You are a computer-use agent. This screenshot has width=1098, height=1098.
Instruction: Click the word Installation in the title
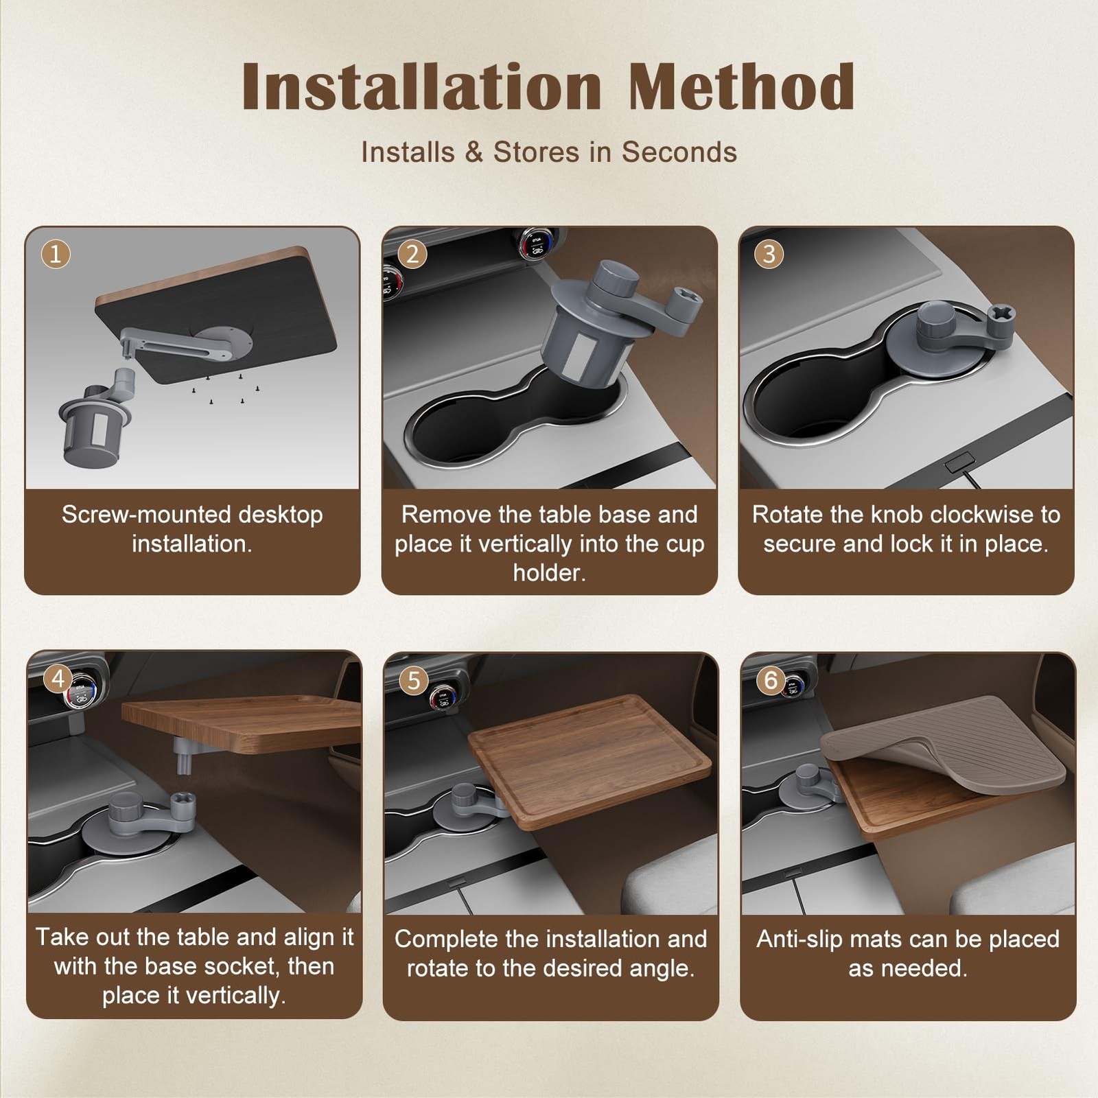point(422,86)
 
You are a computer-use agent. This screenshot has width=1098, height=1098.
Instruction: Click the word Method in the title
point(742,86)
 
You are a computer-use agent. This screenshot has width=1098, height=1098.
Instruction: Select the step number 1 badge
point(56,255)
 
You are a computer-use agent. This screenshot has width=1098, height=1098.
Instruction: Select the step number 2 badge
point(412,255)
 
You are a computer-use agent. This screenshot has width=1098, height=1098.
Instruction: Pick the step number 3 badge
point(769,255)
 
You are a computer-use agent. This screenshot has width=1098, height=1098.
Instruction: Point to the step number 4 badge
point(58,679)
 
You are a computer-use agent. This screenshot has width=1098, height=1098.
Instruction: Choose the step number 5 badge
point(414,681)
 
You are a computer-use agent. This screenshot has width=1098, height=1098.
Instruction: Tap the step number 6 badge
point(771,680)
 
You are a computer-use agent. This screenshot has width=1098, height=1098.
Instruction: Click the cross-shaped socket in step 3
point(1003,320)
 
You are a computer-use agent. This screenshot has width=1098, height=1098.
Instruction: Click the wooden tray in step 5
point(590,758)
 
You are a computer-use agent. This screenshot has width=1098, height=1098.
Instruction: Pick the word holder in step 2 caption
point(549,573)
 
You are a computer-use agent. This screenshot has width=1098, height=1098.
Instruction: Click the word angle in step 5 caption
point(662,969)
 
